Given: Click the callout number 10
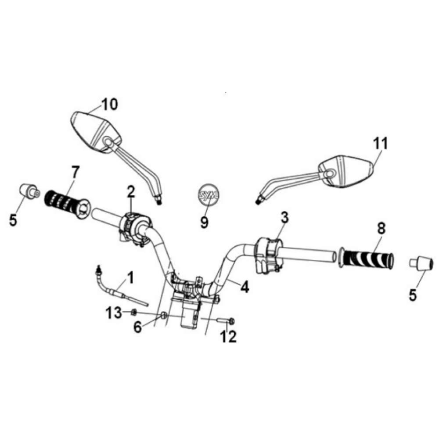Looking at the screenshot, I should [109, 104].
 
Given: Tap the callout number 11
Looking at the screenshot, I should [381, 144].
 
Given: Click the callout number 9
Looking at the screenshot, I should [204, 222].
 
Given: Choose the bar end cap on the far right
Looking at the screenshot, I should [422, 264].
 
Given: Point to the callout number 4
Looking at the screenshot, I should [244, 287].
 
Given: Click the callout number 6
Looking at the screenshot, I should [138, 327].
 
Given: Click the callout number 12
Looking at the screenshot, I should [230, 337].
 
